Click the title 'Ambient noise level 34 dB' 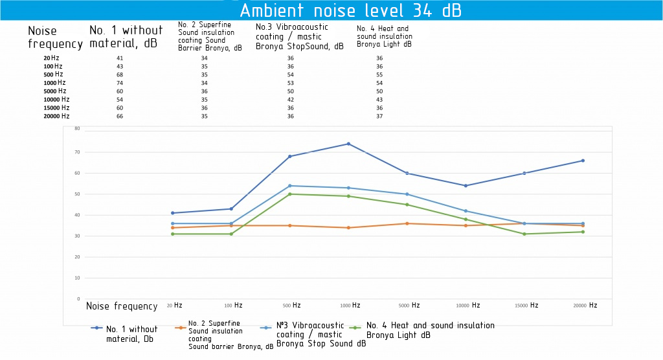tap(350, 11)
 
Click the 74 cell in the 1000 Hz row tap(120, 83)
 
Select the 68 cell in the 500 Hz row tap(120, 74)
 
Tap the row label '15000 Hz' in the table tap(56, 108)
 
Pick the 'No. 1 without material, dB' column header tap(126, 37)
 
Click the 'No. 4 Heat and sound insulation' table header tap(384, 37)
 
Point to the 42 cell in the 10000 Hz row tap(291, 100)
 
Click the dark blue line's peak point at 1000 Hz tap(348, 144)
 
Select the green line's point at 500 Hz tap(289, 194)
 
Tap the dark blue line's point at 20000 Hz tap(583, 161)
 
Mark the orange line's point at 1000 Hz tap(348, 227)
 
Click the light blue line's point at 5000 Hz tap(407, 194)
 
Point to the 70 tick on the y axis tap(77, 152)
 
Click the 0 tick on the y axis tap(78, 299)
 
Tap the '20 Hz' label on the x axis tap(174, 306)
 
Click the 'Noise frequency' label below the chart tap(122, 306)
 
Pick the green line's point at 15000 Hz tap(524, 234)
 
